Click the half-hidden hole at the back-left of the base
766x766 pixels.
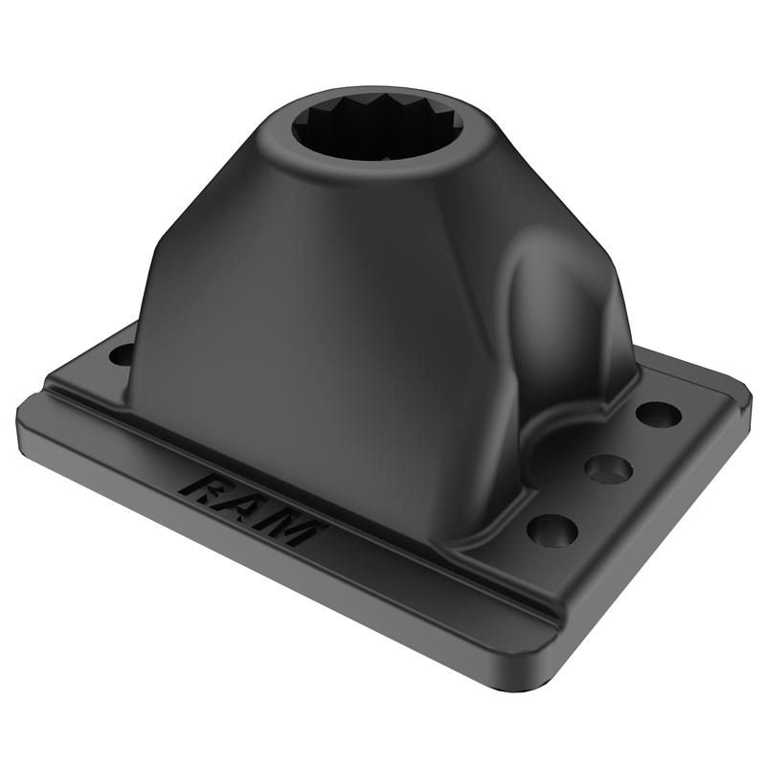122,354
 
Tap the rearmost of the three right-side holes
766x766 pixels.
659,416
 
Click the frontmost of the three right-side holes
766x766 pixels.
554,529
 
